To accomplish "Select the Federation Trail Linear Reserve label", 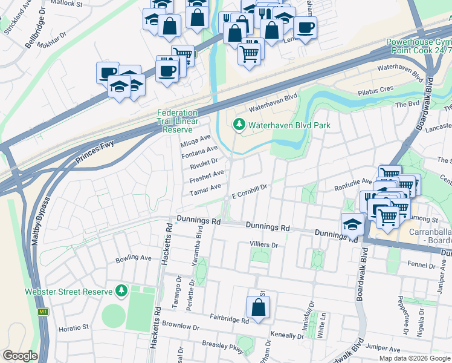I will click(x=177, y=121).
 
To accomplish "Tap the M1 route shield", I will click(x=43, y=312).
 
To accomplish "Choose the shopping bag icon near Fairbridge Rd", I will click(x=257, y=307).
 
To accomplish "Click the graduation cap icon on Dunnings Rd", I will click(x=352, y=225).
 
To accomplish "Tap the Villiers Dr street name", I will click(x=263, y=245).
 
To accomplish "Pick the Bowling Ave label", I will click(x=134, y=258).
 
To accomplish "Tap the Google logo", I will click(x=20, y=356).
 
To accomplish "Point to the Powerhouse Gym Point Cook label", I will click(x=419, y=47).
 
